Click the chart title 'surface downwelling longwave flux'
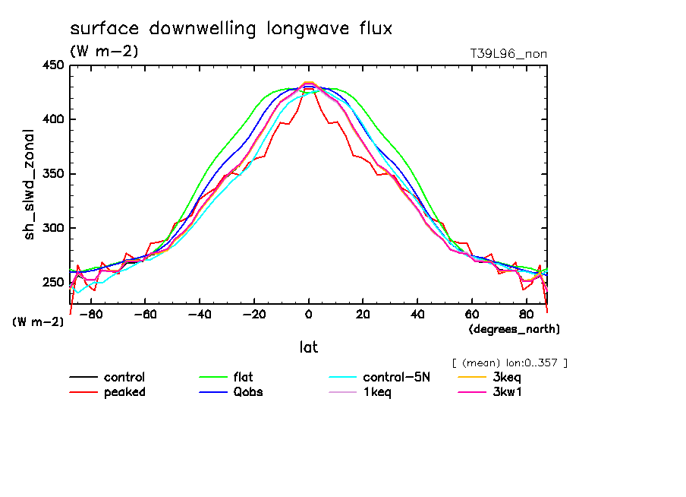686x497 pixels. (231, 30)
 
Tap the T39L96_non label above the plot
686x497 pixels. (508, 53)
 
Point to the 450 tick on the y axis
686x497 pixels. (52, 65)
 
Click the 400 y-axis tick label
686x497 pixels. (52, 119)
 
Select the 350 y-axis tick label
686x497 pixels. (52, 174)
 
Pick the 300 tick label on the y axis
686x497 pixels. (52, 228)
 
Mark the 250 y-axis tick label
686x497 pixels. (52, 282)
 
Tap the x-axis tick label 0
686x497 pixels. (308, 312)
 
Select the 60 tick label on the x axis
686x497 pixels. (471, 312)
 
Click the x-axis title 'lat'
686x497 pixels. (308, 347)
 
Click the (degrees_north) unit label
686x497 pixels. (514, 329)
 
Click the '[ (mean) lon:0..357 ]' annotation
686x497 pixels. (509, 362)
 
